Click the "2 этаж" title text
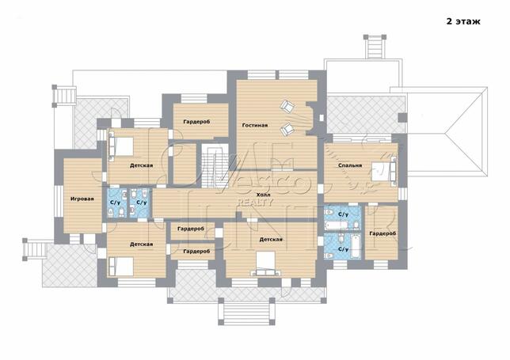463,21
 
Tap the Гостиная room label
255,125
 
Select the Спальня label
350,165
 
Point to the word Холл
263,195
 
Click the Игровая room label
82,199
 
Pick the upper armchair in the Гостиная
287,106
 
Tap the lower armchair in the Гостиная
287,129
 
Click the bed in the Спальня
384,171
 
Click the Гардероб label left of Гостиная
196,122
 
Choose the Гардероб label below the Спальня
382,233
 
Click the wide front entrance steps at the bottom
246,311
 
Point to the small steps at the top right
375,47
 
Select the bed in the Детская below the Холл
266,263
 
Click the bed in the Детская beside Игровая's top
121,146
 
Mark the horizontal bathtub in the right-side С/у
338,225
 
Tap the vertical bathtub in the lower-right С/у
356,246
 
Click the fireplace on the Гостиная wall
310,118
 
